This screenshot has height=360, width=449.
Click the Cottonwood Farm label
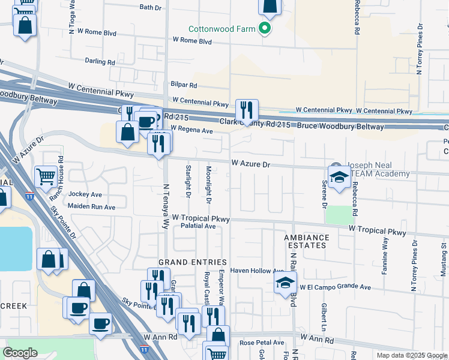tap(221, 28)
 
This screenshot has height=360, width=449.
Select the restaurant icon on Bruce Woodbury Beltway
tap(247, 110)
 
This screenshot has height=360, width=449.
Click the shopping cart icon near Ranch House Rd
tap(46, 177)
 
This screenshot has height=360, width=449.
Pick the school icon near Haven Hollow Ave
tap(285, 283)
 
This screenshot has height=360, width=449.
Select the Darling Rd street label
tap(100, 61)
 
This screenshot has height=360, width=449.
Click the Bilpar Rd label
tap(184, 86)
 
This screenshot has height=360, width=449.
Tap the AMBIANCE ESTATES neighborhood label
tap(307, 242)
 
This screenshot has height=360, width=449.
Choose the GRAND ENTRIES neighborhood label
tap(192, 262)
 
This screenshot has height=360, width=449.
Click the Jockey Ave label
tap(86, 194)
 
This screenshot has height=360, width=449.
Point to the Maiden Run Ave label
tap(91, 207)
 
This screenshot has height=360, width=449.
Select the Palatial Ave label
tap(198, 226)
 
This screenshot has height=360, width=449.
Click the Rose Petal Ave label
tap(262, 343)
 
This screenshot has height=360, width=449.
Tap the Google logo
tap(20, 352)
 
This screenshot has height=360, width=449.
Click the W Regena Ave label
tap(191, 130)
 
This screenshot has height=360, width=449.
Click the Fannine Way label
tap(384, 254)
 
